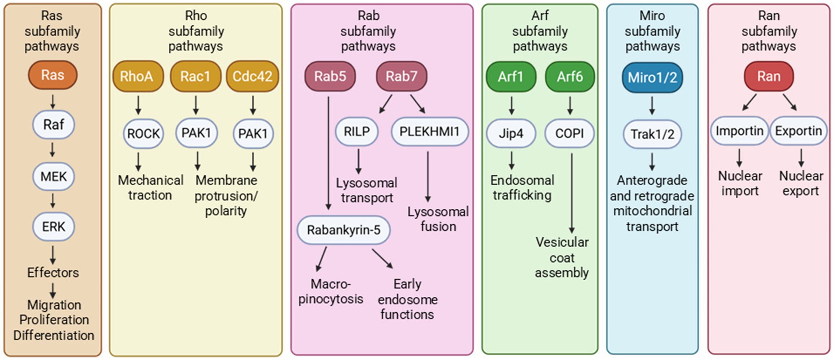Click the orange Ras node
53,75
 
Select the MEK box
53,176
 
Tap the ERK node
53,227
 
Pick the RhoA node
136,76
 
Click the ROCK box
143,133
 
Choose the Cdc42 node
252,76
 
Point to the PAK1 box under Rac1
196,132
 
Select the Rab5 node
330,76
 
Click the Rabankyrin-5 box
343,230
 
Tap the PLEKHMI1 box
429,132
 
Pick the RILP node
356,132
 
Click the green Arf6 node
570,77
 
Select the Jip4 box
511,133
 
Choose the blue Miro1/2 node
652,78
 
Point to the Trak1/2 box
652,134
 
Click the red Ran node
769,76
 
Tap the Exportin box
798,131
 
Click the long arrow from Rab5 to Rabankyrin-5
328,153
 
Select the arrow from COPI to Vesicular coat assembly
572,193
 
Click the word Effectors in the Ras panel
53,273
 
